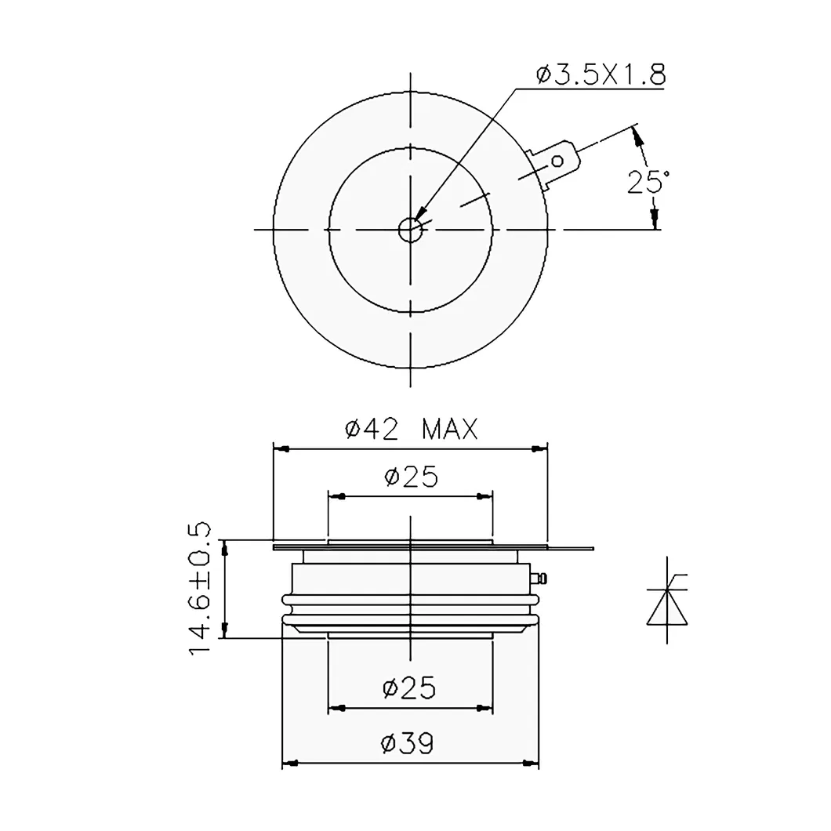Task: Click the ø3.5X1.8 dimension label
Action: tap(601, 75)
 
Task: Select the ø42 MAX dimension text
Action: tap(411, 429)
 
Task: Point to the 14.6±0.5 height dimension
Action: tap(201, 588)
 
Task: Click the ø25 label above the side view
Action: tap(411, 476)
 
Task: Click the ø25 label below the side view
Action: tap(409, 688)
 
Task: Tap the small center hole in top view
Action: tap(409, 230)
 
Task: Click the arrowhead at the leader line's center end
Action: tap(419, 215)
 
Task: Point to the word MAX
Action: tap(449, 429)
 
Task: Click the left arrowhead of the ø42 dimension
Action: tap(281, 448)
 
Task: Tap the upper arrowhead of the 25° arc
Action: tap(639, 138)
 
